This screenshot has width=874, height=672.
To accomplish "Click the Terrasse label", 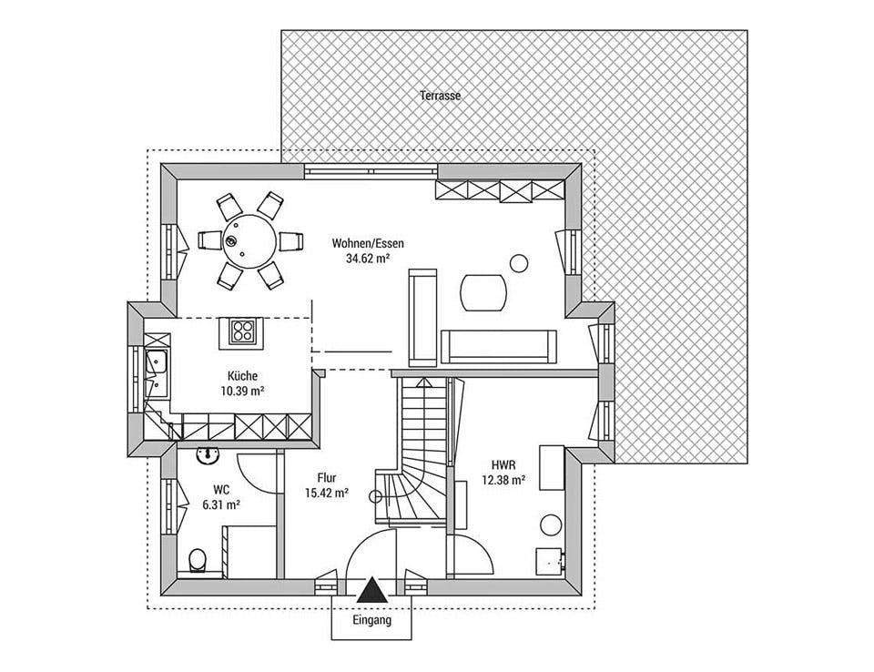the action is [441, 96].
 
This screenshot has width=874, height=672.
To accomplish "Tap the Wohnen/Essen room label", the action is [368, 244].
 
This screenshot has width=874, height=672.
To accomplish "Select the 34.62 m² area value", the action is [367, 259].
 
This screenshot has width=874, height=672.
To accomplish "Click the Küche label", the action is [242, 376].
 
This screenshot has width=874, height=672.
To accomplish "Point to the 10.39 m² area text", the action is [242, 391].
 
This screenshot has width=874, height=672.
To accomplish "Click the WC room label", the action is [221, 490].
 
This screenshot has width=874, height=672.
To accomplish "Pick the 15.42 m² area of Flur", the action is [327, 493].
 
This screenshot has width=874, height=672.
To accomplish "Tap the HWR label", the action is [503, 464].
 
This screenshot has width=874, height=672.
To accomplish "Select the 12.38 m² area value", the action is [503, 479].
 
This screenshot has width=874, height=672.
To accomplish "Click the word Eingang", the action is [371, 619].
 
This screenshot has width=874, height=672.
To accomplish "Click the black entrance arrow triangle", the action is [371, 590].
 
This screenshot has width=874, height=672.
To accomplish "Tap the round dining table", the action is [250, 241].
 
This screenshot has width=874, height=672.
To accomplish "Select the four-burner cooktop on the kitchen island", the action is [242, 331].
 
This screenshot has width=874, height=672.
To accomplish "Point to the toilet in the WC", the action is [198, 560].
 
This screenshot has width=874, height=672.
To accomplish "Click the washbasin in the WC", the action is [209, 455].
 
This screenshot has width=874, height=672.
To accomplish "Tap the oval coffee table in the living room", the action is [483, 292].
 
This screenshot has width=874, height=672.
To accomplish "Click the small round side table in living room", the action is [519, 262].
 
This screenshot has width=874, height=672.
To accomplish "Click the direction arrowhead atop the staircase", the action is [424, 382].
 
